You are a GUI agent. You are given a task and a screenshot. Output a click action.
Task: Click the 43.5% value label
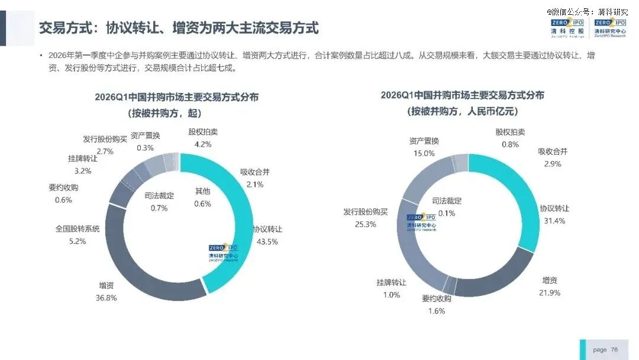tap(267, 242)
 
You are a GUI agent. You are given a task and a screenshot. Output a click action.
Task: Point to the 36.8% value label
tap(106, 298)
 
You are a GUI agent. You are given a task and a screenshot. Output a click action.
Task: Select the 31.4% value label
tap(554, 221)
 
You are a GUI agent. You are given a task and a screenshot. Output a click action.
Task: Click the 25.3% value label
tap(366, 224)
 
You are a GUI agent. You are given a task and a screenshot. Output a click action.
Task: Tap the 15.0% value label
tap(424, 153)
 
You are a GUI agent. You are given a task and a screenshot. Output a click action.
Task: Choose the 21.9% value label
tap(550, 292)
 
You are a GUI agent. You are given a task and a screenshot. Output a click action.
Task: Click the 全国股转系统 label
tap(78, 229)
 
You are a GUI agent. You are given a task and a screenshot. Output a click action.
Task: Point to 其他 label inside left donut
tap(202, 191)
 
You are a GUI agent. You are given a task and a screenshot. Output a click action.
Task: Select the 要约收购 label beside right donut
tap(437, 298)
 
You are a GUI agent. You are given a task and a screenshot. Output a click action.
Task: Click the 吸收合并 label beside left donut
tap(254, 172)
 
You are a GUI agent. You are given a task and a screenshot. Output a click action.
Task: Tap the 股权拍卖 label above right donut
tap(510, 132)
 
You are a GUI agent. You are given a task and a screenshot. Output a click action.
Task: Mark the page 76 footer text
tap(605, 350)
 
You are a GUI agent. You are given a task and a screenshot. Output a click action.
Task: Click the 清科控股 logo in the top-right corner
tap(567, 28)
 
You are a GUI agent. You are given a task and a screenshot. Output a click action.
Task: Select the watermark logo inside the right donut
tap(421, 223)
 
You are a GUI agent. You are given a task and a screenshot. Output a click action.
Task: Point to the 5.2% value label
tap(78, 242)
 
